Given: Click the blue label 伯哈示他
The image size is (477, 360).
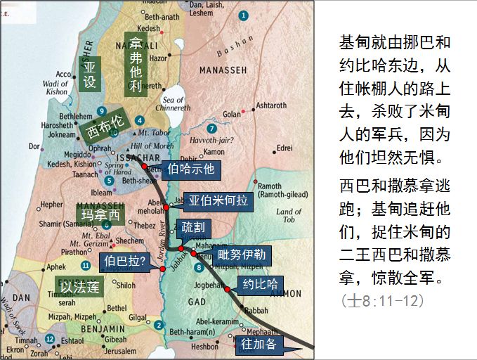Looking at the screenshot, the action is pos(191,169).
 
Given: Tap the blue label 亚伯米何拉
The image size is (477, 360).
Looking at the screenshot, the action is pos(216,200).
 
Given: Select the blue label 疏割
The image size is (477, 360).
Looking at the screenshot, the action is pos(193,228).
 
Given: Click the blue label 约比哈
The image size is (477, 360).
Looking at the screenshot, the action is pos(260,285).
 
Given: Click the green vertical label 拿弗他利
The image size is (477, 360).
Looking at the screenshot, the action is pos(135,64).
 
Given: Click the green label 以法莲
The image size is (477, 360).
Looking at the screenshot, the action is pos(79,286).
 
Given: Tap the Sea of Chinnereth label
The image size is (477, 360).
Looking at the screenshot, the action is pos(172,104).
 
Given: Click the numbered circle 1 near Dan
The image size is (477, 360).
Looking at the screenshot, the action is pos(243,15).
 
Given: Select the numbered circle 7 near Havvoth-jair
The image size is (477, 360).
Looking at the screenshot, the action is pos(211,129).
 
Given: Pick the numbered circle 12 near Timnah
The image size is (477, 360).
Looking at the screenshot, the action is pos(49,339).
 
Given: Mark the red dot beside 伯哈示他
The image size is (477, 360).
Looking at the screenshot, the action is pos(144,167).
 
